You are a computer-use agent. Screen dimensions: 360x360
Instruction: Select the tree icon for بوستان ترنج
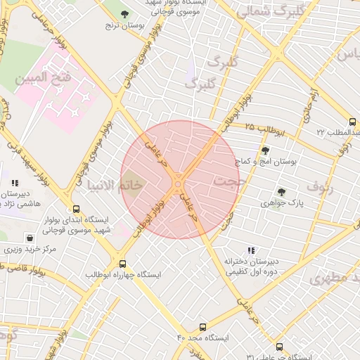(125, 14)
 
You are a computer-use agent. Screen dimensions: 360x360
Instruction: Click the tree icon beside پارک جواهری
(281, 192)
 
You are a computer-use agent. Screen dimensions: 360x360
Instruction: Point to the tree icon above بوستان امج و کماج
(265, 150)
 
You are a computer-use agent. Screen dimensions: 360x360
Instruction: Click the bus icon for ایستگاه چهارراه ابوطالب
(123, 264)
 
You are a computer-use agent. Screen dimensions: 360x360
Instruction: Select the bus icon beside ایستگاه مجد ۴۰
(203, 327)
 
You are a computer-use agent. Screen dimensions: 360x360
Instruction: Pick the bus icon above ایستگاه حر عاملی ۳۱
(280, 347)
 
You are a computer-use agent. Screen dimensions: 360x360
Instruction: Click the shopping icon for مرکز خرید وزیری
(30, 238)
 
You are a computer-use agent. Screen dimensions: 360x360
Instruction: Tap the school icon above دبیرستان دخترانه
(251, 250)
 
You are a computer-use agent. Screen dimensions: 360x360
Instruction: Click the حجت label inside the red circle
(226, 182)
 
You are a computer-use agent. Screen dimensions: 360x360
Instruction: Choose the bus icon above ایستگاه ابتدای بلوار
(76, 209)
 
